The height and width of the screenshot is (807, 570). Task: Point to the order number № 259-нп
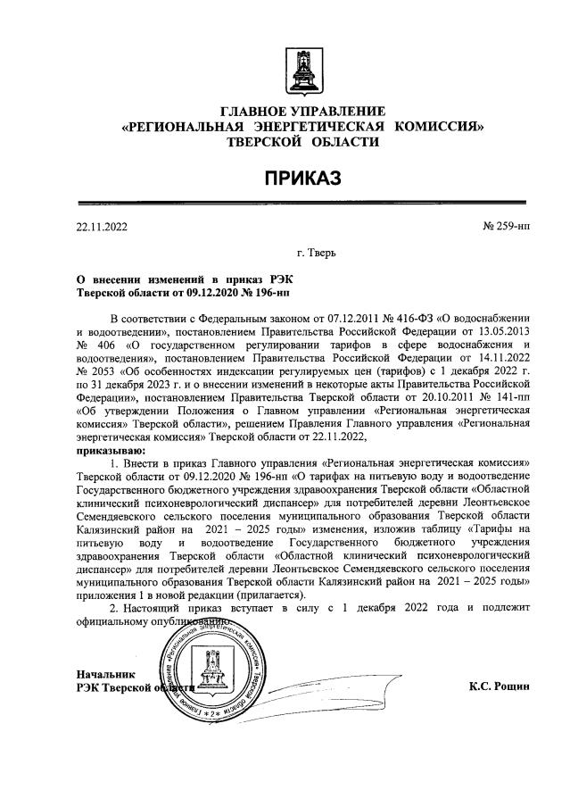506,227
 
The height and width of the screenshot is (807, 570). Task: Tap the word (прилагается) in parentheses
270,595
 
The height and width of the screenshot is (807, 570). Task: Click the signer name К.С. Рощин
499,686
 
